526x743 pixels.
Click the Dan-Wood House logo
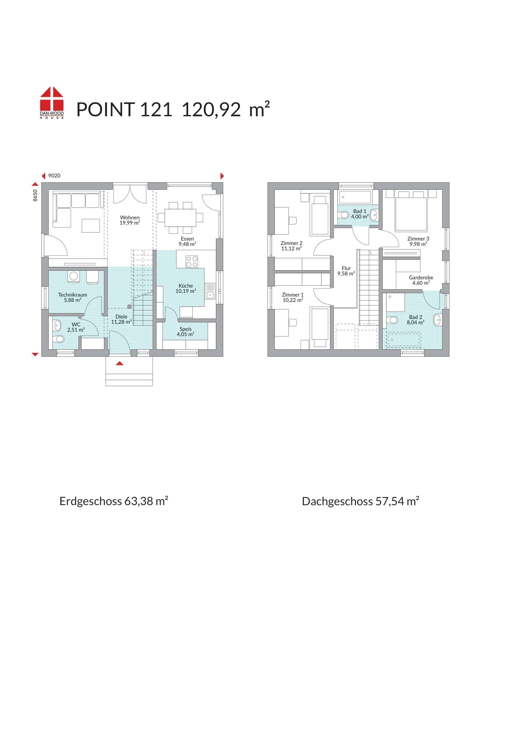click(52, 103)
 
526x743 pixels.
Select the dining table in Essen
click(180, 218)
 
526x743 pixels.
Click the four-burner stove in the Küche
click(191, 261)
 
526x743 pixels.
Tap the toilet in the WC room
click(59, 339)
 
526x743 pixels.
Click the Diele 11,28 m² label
click(121, 319)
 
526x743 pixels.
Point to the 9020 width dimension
click(54, 176)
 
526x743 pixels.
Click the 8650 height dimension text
click(35, 195)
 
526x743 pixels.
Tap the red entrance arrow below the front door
click(120, 363)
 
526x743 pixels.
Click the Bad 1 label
click(360, 211)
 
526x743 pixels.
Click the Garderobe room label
click(421, 278)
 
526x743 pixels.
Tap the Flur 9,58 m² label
click(346, 271)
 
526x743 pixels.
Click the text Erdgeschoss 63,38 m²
click(114, 501)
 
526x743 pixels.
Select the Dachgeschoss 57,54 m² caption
click(361, 501)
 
